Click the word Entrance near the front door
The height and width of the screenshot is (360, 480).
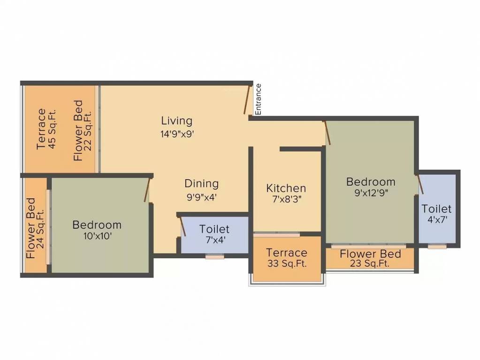(x=258, y=99)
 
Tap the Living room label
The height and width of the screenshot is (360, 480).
(x=176, y=120)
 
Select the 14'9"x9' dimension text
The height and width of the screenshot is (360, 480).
(x=176, y=133)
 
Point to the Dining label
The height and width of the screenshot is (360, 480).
(x=201, y=183)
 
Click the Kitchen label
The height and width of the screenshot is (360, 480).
(x=286, y=188)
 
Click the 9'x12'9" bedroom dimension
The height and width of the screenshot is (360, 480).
(x=371, y=192)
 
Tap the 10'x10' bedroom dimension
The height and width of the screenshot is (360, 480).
(x=97, y=236)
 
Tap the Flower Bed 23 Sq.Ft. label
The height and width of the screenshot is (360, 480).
(x=370, y=258)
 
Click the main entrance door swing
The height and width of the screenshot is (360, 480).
(x=247, y=99)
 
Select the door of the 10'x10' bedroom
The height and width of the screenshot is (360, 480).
(x=147, y=190)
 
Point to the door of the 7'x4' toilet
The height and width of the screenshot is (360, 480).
(x=183, y=226)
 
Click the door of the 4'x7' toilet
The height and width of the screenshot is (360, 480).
(x=420, y=184)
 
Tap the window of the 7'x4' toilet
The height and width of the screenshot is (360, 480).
(x=214, y=256)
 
